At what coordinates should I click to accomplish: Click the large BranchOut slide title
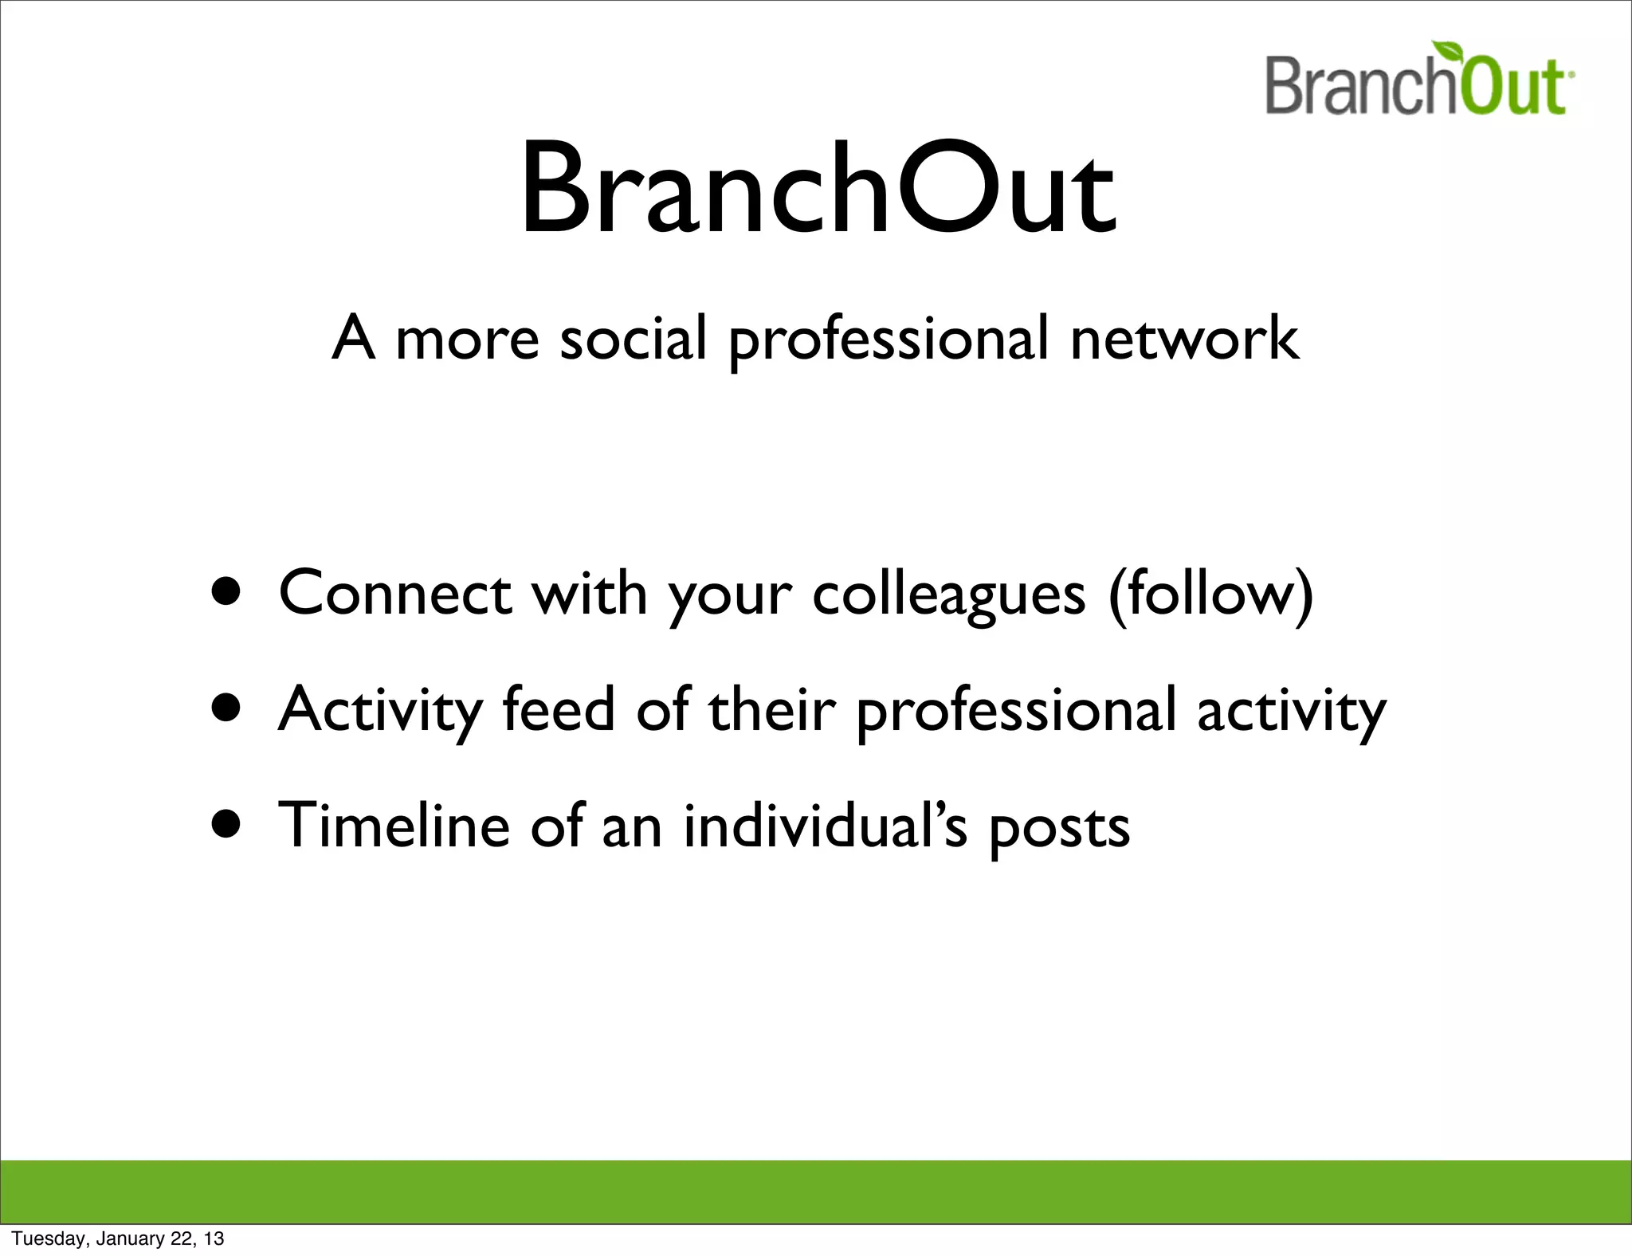coord(818,190)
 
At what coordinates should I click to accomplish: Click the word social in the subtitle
coord(634,338)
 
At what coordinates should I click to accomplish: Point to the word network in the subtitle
coord(1184,338)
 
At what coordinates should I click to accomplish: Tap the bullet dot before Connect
coord(226,593)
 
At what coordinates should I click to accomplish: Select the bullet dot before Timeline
coord(226,824)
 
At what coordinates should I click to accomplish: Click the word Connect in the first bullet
coord(395,593)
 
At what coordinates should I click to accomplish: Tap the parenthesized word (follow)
coord(1210,595)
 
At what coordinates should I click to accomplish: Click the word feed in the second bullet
coord(559,708)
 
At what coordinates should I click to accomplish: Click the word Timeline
coord(394,824)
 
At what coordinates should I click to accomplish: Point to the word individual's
coord(826,824)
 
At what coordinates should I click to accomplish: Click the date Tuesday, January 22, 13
coord(118,1238)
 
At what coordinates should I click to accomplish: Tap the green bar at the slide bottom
coord(816,1191)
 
